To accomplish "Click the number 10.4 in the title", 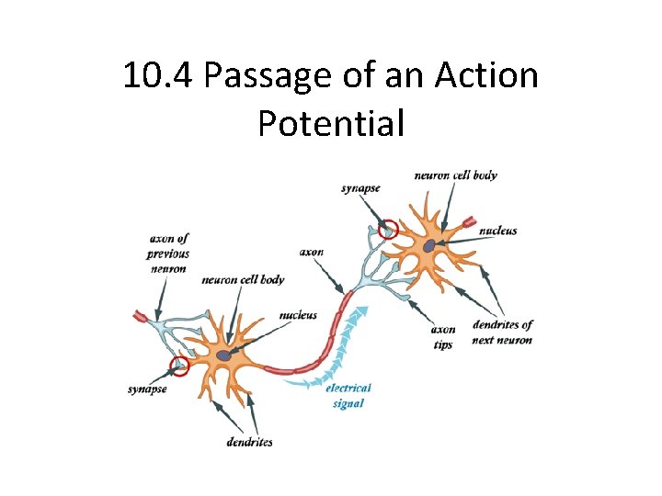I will tap(157, 75).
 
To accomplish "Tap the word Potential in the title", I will tap(331, 122).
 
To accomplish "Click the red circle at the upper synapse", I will tap(389, 229).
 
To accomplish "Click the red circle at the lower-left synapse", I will tap(179, 366).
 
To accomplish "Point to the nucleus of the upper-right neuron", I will tap(429, 245).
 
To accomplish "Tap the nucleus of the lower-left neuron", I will tap(223, 355).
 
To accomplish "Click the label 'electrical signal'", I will tap(348, 395).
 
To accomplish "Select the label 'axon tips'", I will tap(443, 336).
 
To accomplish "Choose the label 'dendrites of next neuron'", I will tap(502, 332).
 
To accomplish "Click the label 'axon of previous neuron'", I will tap(168, 254).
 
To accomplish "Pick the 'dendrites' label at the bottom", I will tap(249, 442).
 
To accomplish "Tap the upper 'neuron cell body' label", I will tap(455, 175).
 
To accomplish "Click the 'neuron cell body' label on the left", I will tap(243, 279).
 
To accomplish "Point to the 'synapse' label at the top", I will tap(360, 188).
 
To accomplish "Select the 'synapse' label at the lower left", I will tap(147, 389).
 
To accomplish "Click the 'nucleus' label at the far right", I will tap(497, 231).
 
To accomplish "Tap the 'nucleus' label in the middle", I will tap(298, 315).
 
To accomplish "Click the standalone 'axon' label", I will tap(312, 252).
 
